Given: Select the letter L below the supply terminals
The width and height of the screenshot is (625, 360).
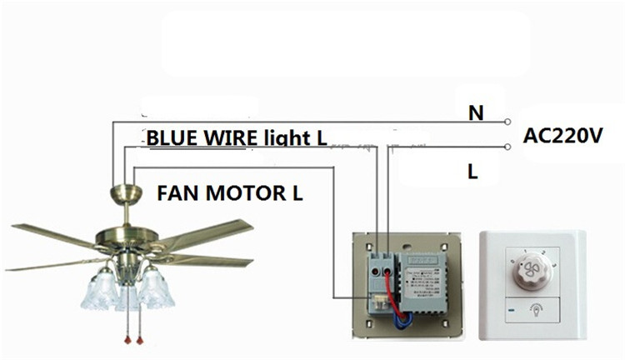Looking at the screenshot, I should [x=472, y=173].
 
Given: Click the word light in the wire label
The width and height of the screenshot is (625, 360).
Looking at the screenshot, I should [x=287, y=137].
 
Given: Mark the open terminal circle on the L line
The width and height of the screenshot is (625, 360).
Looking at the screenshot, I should [x=507, y=147].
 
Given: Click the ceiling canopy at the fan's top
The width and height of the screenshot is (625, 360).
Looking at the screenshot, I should [x=123, y=195].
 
